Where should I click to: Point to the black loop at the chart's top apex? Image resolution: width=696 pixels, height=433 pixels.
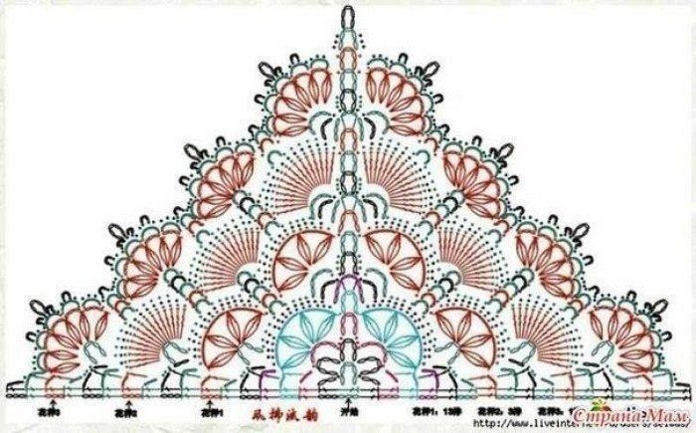[x=348, y=15]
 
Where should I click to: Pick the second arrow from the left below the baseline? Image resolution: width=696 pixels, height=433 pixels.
[x=127, y=394]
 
